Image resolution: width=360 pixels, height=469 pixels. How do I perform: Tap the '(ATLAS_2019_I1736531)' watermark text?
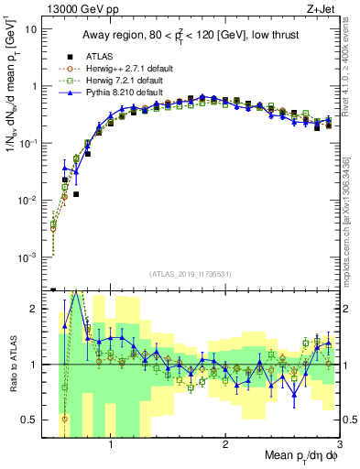pos(191,273)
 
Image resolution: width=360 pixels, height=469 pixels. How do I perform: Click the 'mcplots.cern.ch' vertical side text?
pos(353,220)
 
